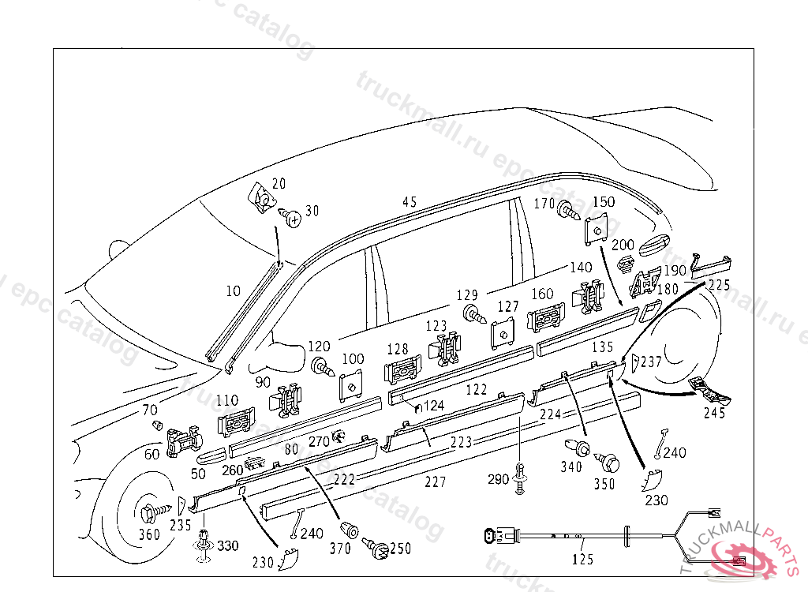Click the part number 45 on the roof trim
[409, 202]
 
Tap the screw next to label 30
[293, 216]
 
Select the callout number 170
[544, 204]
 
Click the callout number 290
[498, 479]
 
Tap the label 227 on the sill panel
[435, 481]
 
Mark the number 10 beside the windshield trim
[233, 291]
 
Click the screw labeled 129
[474, 313]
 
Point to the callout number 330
[227, 546]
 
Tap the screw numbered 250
[376, 547]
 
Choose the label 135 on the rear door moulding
[602, 347]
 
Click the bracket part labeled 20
[259, 197]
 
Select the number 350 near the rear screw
[604, 484]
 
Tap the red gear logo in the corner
[741, 556]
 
